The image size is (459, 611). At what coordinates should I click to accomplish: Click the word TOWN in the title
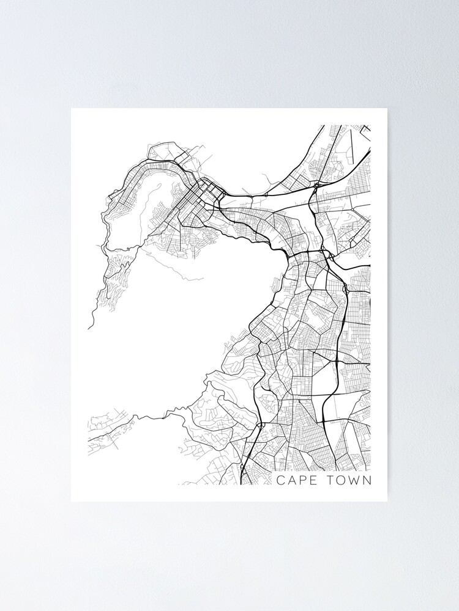point(349,480)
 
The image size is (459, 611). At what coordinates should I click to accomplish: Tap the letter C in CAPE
point(280,480)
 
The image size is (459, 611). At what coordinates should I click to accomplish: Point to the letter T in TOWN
point(330,480)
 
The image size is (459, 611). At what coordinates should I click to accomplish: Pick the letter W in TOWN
point(355,480)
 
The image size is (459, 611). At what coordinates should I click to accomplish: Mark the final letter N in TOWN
point(367,480)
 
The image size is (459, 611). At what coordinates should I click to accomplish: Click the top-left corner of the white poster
point(72,109)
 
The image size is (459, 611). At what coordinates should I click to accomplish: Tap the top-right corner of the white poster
point(387,109)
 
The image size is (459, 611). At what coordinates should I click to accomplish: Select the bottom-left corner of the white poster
point(72,501)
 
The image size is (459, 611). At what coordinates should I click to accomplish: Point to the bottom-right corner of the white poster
point(387,501)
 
